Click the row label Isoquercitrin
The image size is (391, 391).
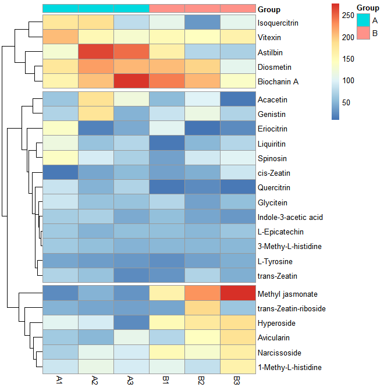(278, 23)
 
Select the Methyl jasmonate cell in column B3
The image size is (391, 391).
(239, 293)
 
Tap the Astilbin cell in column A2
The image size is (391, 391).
(96, 52)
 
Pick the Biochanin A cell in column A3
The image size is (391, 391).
(131, 81)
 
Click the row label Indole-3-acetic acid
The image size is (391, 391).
(289, 217)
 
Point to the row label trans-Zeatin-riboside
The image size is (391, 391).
(291, 308)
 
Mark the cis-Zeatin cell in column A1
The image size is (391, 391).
(60, 173)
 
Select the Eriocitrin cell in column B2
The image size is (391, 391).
(202, 129)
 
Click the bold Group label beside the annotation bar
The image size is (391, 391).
(269, 9)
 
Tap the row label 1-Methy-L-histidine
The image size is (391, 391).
(289, 367)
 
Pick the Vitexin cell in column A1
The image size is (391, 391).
(60, 38)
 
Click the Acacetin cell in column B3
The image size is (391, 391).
(239, 99)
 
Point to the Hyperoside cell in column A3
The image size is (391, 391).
(131, 323)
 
